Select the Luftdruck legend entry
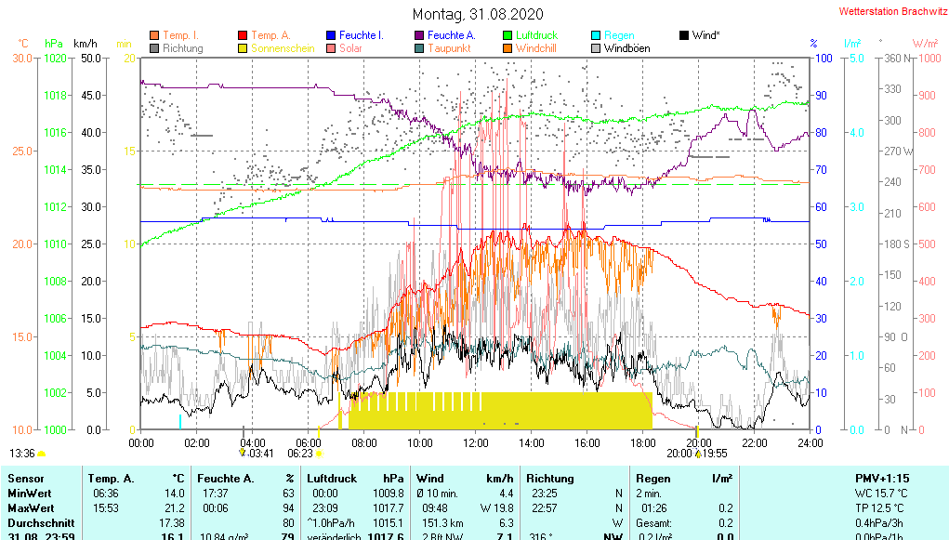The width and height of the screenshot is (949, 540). [536, 35]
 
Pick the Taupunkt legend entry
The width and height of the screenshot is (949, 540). [449, 48]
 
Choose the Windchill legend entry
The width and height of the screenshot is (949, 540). [535, 48]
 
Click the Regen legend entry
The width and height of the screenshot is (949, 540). [619, 35]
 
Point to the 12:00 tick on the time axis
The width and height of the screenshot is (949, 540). [475, 442]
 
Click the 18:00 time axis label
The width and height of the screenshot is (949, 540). [642, 442]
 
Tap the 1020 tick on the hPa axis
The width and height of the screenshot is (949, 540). [55, 58]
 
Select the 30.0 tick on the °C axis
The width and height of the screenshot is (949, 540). [21, 58]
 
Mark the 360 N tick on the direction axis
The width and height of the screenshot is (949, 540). [891, 58]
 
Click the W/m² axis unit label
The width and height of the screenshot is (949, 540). [925, 44]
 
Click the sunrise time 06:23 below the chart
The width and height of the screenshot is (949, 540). [300, 454]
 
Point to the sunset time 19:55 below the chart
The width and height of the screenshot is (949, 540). [715, 454]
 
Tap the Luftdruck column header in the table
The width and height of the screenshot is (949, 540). [334, 478]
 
